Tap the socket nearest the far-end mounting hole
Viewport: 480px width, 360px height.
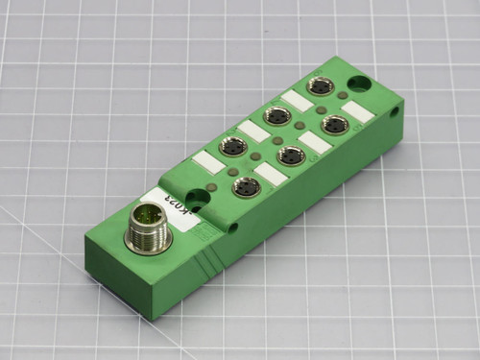coord(321,86)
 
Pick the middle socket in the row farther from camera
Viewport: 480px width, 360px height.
coord(277,117)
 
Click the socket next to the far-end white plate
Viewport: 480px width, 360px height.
coord(335,124)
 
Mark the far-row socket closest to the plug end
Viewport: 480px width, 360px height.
coord(232,148)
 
